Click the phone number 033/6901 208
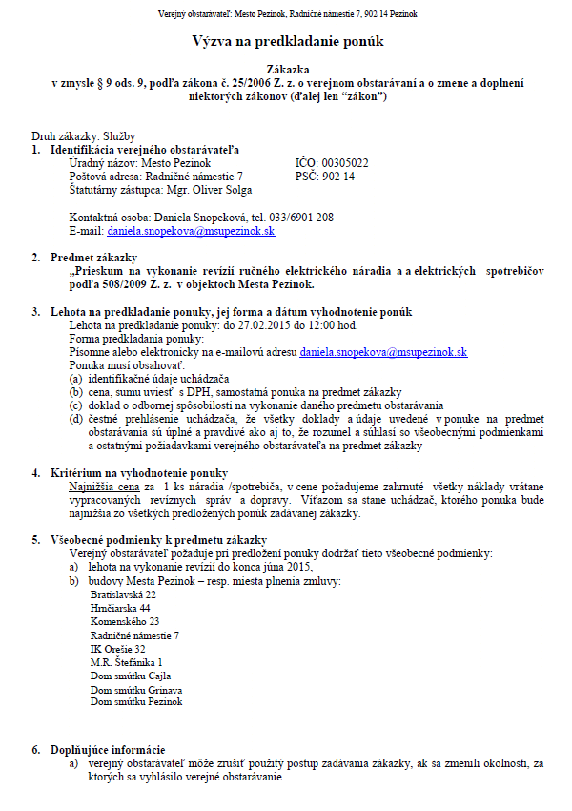click(x=299, y=218)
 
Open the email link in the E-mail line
click(x=191, y=231)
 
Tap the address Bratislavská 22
click(x=123, y=593)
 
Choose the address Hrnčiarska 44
click(x=120, y=607)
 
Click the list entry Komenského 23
click(x=124, y=621)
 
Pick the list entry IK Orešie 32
click(x=117, y=648)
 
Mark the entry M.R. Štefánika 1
click(x=126, y=661)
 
